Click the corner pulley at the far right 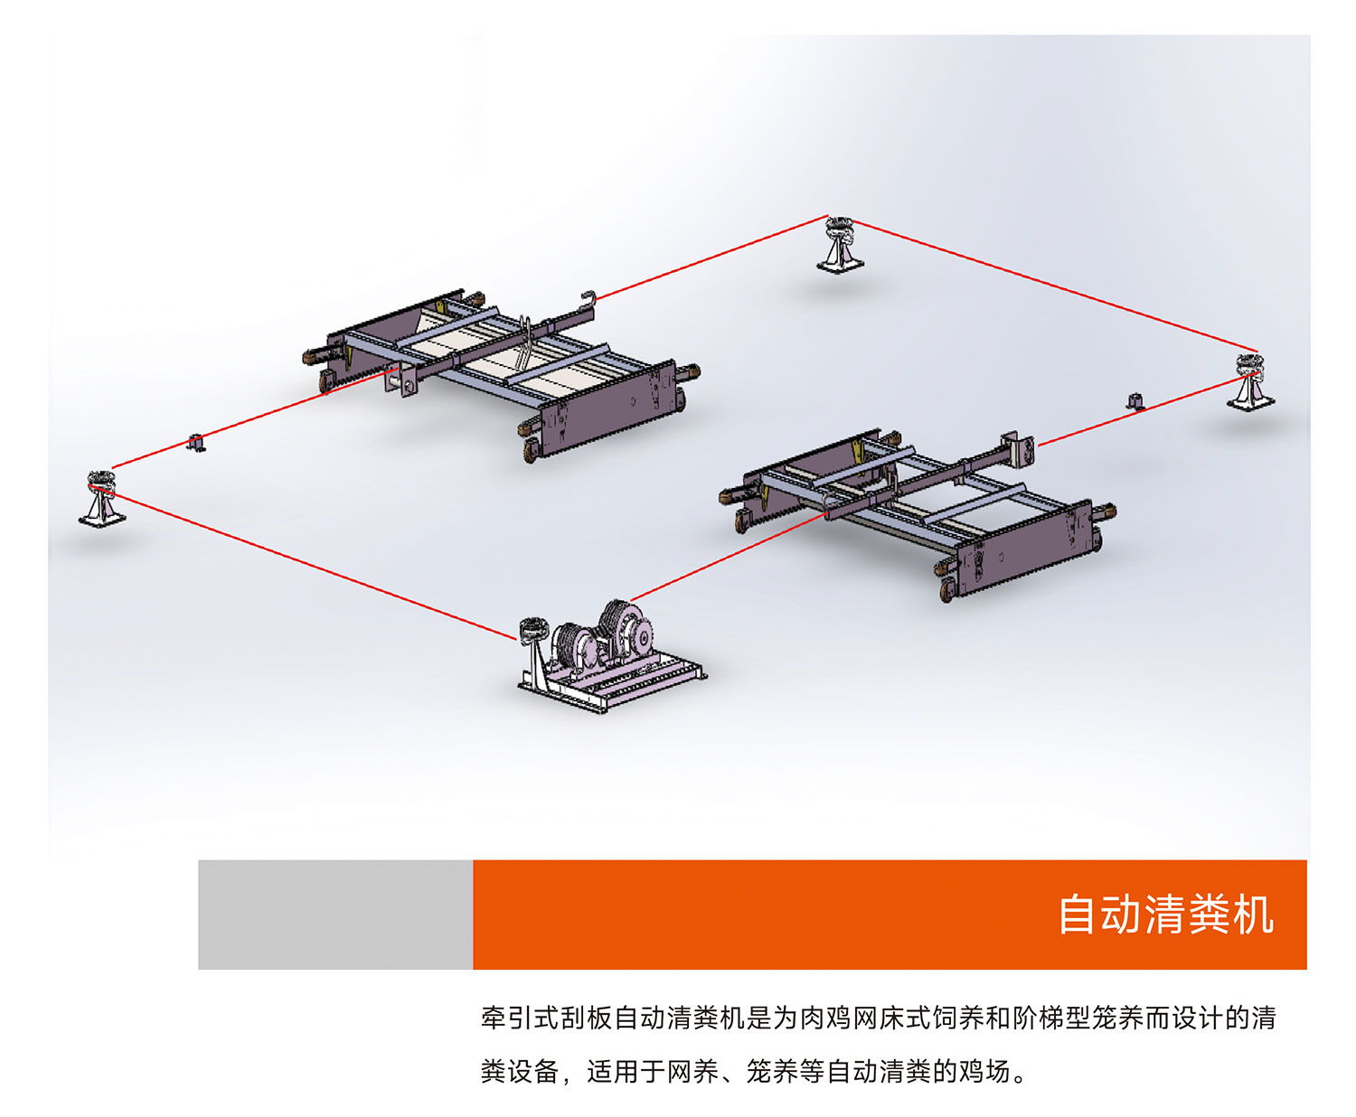click(1250, 382)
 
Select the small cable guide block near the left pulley click(195, 443)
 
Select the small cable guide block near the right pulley click(1135, 400)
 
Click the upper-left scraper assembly click(502, 371)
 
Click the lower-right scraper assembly click(922, 511)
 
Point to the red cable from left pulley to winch click(307, 565)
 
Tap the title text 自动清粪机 click(1165, 915)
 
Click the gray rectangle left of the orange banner click(334, 915)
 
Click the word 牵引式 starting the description click(520, 1018)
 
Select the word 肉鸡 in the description click(825, 1018)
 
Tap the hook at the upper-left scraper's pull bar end click(589, 297)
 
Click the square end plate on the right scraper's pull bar click(1021, 449)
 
